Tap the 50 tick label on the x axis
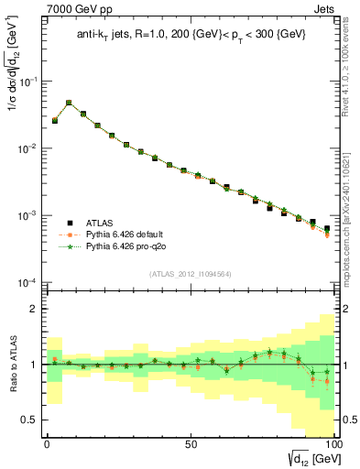pyautogui.click(x=190, y=442)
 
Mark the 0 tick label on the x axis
pyautogui.click(x=47, y=442)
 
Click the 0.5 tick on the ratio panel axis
pyautogui.click(x=30, y=420)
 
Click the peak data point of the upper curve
pyautogui.click(x=69, y=104)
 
